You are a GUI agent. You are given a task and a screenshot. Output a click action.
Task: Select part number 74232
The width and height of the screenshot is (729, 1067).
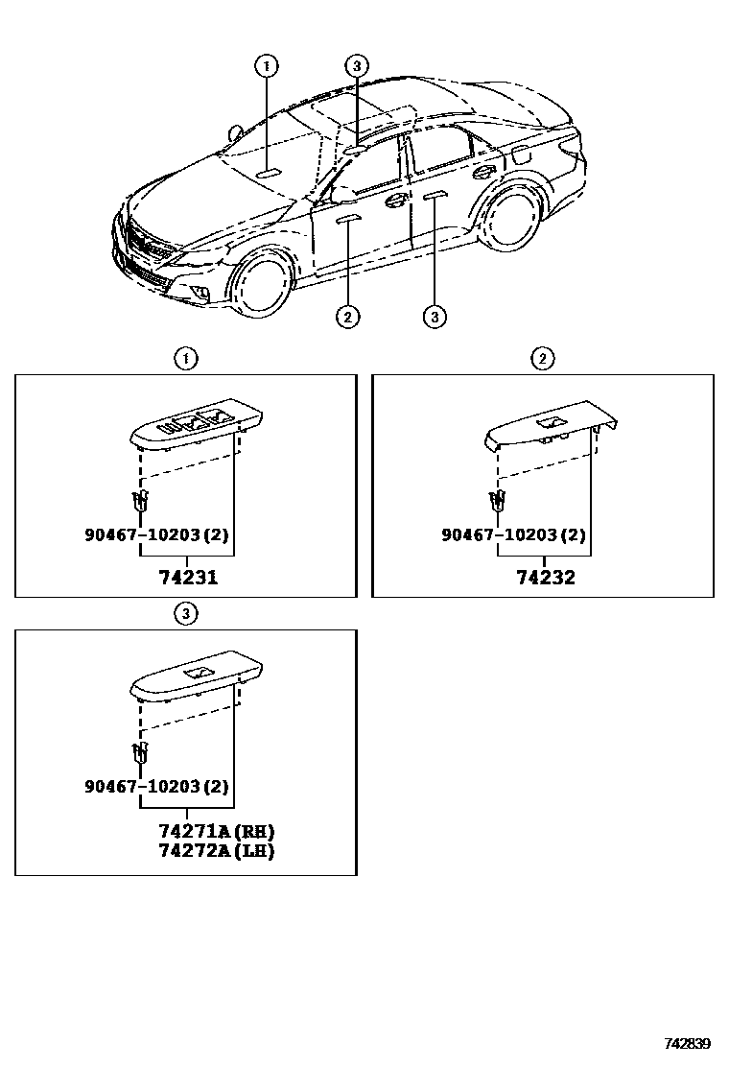pos(545,578)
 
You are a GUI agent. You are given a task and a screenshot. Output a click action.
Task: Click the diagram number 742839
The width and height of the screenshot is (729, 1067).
pos(688,1043)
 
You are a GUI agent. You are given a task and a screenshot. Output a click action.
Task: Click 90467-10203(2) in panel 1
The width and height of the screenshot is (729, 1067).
pos(158,534)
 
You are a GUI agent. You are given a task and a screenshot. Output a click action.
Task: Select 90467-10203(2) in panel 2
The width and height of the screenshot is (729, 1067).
pos(514,534)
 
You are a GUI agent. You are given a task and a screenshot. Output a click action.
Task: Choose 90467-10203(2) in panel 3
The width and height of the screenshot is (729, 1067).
pos(158,787)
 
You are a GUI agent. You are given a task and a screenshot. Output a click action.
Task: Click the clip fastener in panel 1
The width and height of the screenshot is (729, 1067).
pos(141,499)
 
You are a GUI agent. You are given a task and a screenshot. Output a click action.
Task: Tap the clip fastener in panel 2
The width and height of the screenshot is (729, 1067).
pos(497,499)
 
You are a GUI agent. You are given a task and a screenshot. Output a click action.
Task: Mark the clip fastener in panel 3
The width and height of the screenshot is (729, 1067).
pos(140,752)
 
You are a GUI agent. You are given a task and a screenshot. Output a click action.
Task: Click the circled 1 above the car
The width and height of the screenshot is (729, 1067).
pos(267,65)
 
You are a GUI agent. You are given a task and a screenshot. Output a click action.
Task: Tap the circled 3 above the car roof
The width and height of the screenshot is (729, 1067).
pos(356,65)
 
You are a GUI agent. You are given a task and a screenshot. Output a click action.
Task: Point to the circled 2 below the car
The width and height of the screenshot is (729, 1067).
pos(347,315)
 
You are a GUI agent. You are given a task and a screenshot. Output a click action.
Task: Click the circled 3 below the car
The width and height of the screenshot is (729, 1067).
pos(435,315)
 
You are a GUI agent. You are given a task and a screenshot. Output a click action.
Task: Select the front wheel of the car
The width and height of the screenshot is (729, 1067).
pos(261,281)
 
